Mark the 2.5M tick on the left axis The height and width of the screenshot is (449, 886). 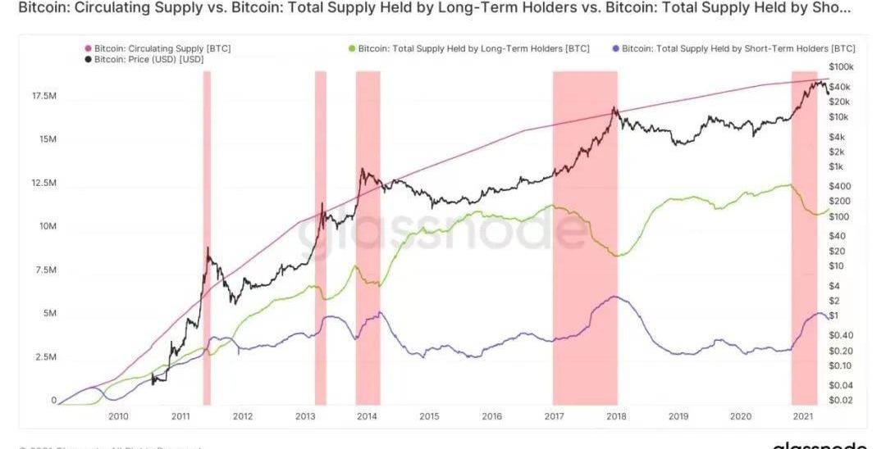[x=45, y=357]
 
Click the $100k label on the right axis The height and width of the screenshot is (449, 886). [x=841, y=66]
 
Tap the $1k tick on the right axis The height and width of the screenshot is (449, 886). [x=837, y=166]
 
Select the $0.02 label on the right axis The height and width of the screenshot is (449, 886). [x=840, y=400]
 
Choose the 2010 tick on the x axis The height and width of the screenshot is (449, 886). [x=119, y=416]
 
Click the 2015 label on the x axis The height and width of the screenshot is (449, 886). [x=429, y=416]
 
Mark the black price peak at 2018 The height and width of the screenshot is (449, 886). [x=614, y=107]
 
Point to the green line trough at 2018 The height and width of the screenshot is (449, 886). [x=618, y=256]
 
